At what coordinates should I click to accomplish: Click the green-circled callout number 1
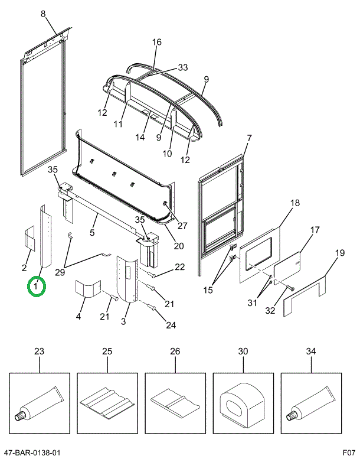click(x=36, y=288)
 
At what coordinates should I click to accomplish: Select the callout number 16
click(x=156, y=42)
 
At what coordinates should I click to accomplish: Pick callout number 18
click(x=295, y=203)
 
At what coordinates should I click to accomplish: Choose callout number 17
click(x=315, y=230)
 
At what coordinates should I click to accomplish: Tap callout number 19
click(x=339, y=254)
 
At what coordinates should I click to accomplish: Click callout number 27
click(x=182, y=225)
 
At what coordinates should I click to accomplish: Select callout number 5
click(x=93, y=233)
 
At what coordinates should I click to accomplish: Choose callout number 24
click(x=171, y=324)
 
